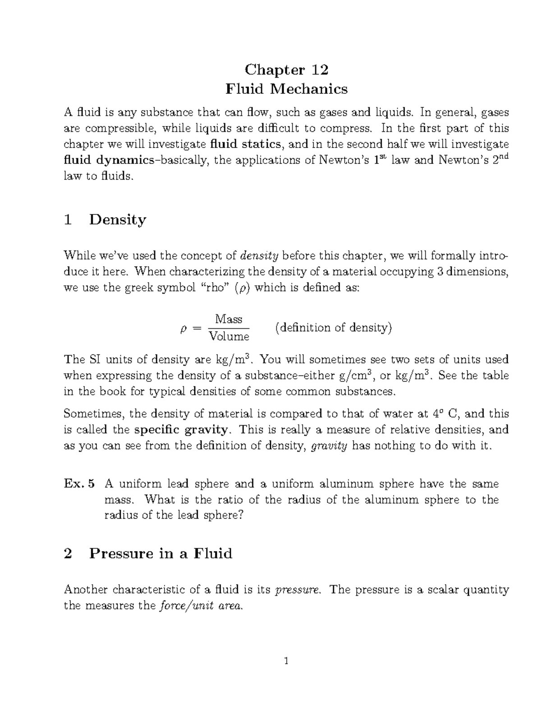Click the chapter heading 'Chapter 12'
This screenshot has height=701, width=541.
coord(286,70)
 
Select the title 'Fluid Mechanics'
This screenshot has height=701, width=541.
coord(286,89)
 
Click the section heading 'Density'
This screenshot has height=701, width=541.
coord(118,220)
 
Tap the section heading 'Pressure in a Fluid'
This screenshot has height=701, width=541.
coord(160,553)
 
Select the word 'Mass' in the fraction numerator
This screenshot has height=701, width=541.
coord(229,320)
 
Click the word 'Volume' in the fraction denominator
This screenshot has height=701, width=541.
coord(229,337)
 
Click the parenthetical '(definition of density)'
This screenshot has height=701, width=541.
coord(333,328)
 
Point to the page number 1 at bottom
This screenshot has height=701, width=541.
coord(286,663)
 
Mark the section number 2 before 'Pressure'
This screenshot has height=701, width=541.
coord(68,553)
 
